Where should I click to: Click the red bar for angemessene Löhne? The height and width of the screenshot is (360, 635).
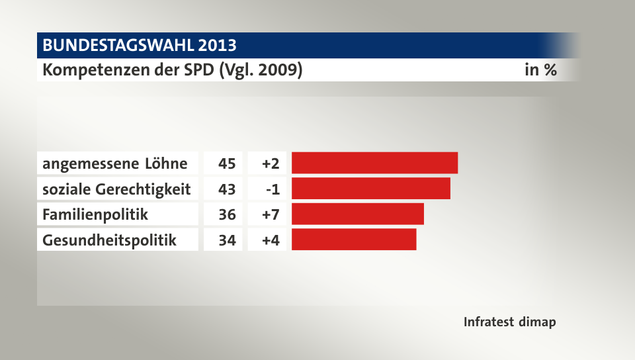[x=374, y=163]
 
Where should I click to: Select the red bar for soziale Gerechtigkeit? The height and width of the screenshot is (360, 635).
[x=370, y=189]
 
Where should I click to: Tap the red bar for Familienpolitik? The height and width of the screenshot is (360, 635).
[x=357, y=214]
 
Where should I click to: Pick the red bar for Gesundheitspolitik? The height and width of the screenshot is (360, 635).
[x=354, y=240]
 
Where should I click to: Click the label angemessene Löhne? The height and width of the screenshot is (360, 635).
[x=114, y=163]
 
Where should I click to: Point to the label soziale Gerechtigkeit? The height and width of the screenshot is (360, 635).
[x=116, y=189]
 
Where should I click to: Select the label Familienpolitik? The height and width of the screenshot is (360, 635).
[x=95, y=214]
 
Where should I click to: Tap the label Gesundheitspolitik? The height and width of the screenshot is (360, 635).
[x=109, y=240]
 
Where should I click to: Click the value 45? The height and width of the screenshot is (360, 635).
[x=227, y=163]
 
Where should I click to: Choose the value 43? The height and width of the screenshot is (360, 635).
[x=227, y=189]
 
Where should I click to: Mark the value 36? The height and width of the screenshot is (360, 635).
[x=227, y=214]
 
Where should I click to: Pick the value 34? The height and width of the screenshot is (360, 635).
[x=227, y=240]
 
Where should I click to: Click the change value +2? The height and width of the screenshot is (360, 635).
[x=271, y=163]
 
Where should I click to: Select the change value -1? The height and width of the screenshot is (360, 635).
[x=273, y=189]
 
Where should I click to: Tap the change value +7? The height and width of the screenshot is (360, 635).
[x=271, y=214]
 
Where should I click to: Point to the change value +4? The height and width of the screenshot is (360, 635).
[x=271, y=240]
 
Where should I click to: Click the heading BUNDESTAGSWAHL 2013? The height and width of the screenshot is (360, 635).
[x=139, y=46]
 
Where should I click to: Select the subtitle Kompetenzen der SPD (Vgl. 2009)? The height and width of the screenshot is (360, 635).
[x=173, y=70]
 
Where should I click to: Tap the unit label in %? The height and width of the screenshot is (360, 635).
[x=540, y=70]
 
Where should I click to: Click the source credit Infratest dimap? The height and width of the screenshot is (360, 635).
[x=509, y=322]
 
